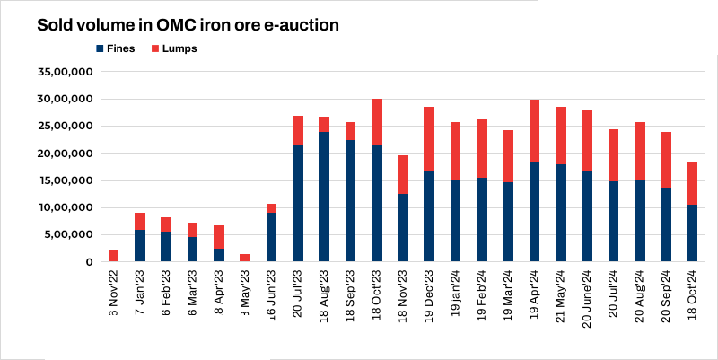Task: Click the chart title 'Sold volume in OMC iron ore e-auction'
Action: [188, 25]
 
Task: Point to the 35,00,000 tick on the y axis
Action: [64, 72]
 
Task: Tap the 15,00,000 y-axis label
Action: [64, 180]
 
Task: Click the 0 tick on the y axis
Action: [88, 262]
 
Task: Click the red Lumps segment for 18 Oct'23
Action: [377, 121]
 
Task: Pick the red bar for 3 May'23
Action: [245, 258]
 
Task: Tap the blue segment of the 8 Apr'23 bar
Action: [219, 255]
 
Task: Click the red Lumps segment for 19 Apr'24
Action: [534, 131]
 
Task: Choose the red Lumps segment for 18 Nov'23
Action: [403, 174]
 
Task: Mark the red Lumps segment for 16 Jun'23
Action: [272, 208]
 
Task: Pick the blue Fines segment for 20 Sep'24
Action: [666, 224]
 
